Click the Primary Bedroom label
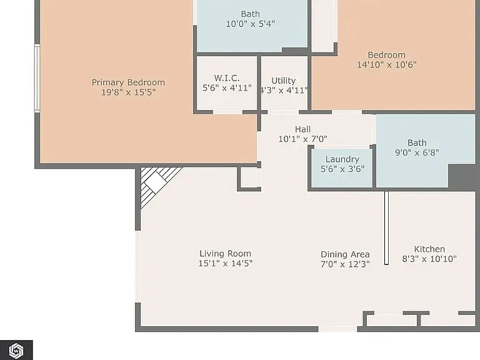(x=128, y=82)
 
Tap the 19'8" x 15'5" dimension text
(x=128, y=92)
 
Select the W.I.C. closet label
(x=227, y=77)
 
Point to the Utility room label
(x=284, y=81)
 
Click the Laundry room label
(x=342, y=159)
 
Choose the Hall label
(x=302, y=129)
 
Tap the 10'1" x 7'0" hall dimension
(x=302, y=139)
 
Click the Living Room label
(x=225, y=254)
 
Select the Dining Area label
(x=345, y=254)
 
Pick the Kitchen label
(x=429, y=249)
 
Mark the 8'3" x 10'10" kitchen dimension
(x=429, y=259)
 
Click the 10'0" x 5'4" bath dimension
(x=251, y=24)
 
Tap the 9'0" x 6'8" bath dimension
(x=417, y=152)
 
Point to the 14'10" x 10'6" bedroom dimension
(x=387, y=64)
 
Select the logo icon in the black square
(x=16, y=350)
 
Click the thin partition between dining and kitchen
(x=387, y=227)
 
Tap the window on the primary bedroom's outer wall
(x=37, y=78)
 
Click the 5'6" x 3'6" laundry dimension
(x=342, y=169)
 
